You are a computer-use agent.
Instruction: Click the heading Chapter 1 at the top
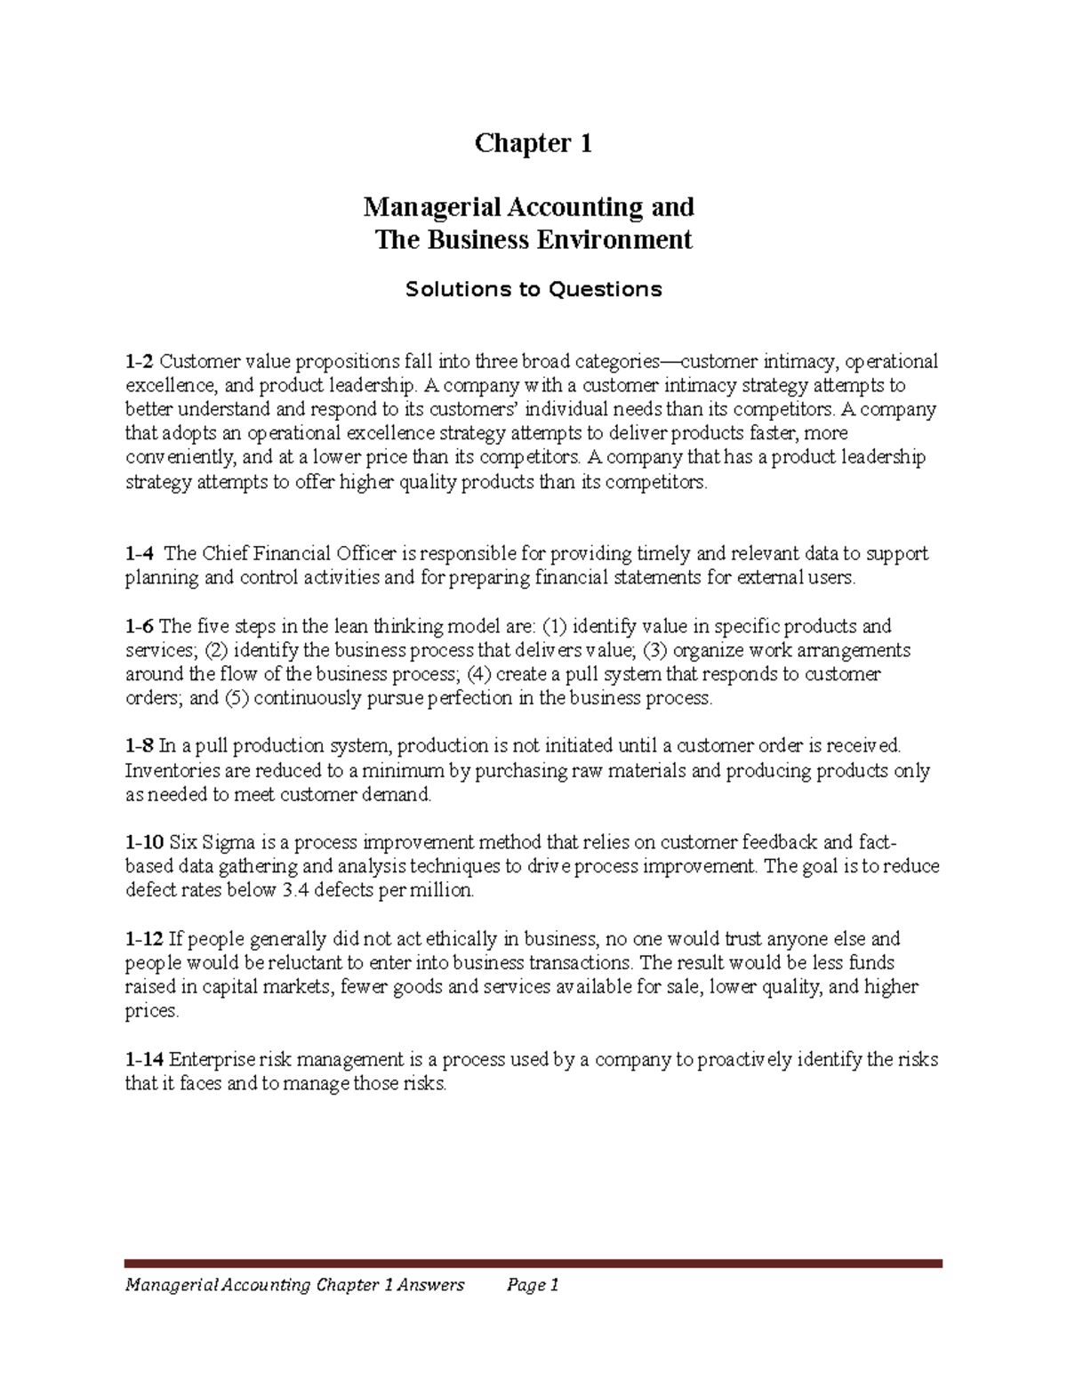click(533, 143)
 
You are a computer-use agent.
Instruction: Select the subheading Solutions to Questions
click(533, 289)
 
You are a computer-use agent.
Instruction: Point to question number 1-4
click(139, 554)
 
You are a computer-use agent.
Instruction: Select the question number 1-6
click(139, 626)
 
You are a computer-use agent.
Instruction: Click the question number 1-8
click(139, 746)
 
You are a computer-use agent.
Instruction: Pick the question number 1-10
click(144, 842)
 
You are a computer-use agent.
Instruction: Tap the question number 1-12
click(144, 939)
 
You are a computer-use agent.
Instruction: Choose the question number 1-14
click(144, 1060)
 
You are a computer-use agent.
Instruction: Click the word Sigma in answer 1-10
click(229, 842)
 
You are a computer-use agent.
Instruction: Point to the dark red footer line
click(533, 1263)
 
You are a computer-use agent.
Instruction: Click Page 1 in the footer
click(532, 1285)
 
